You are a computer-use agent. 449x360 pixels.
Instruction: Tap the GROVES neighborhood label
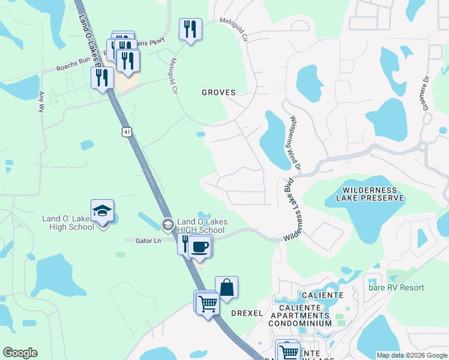pyautogui.click(x=218, y=93)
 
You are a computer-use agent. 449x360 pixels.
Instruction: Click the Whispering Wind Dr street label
pyautogui.click(x=298, y=143)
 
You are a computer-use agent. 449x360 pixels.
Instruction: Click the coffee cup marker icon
pyautogui.click(x=200, y=246)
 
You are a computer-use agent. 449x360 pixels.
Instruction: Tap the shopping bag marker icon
pyautogui.click(x=227, y=287)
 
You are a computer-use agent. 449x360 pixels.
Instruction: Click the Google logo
pyautogui.click(x=20, y=353)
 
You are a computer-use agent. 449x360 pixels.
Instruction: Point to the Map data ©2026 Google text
pyautogui.click(x=412, y=355)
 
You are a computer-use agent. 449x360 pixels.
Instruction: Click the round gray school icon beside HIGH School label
pyautogui.click(x=168, y=225)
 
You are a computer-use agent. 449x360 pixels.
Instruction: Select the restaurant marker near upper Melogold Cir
pyautogui.click(x=190, y=29)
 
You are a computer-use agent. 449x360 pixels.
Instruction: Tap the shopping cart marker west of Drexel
pyautogui.click(x=208, y=303)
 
